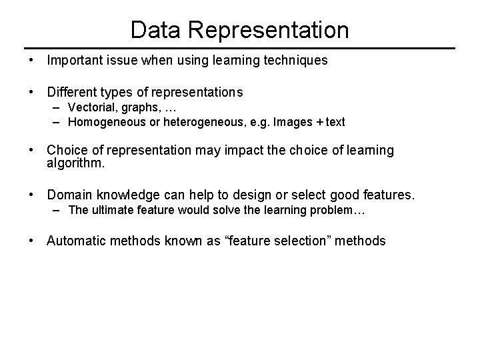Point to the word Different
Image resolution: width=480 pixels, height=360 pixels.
pos(71,91)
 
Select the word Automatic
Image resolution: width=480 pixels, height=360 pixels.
pos(76,241)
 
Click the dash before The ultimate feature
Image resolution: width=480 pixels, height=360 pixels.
pos(58,211)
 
